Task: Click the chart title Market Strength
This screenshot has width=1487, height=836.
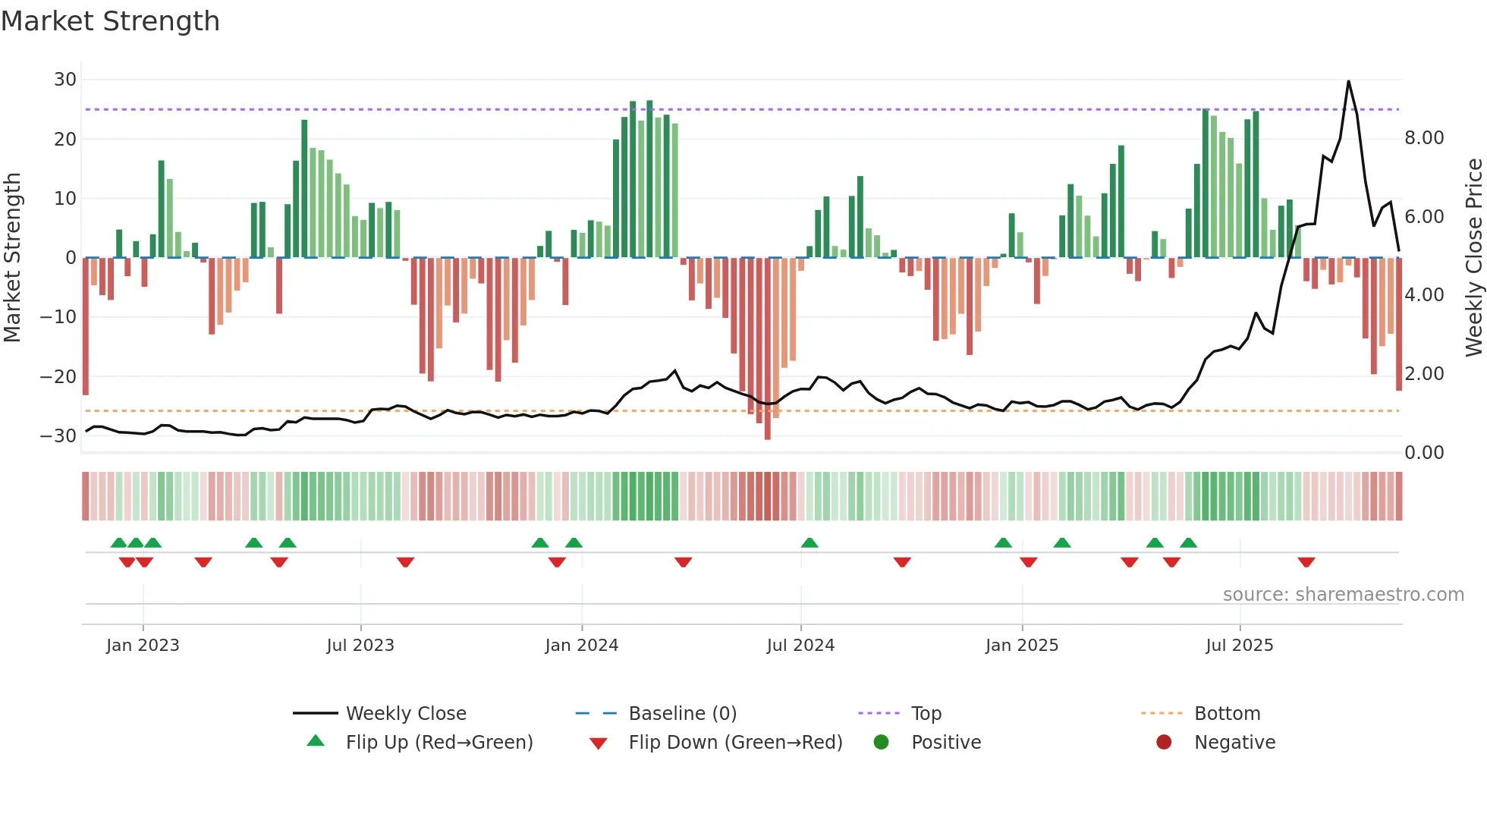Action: tap(110, 21)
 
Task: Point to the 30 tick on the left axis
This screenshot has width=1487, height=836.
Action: tap(65, 80)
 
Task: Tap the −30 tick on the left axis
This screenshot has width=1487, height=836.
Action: tap(58, 436)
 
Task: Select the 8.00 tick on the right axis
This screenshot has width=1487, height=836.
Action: tap(1423, 138)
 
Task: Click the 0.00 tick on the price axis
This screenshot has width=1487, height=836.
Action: tap(1423, 453)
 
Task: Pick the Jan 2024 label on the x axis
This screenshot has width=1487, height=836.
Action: tap(581, 646)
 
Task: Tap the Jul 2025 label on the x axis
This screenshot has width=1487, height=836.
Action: tap(1239, 646)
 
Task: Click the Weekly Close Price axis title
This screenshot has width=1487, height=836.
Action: tap(1473, 257)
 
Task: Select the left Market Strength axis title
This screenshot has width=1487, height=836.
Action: tap(12, 257)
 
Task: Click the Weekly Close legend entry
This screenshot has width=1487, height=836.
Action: tap(406, 714)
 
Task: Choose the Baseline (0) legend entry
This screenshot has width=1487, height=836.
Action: tap(682, 714)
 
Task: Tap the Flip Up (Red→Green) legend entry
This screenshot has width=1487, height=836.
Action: tap(439, 743)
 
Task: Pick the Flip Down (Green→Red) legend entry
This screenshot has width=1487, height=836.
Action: tap(734, 743)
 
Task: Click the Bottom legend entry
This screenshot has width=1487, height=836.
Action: tap(1227, 714)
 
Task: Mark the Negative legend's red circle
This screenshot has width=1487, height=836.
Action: tap(1164, 743)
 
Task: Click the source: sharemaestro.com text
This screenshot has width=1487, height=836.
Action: tap(1343, 595)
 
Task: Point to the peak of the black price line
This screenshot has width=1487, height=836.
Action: tap(1348, 81)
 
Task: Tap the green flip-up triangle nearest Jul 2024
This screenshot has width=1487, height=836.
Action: tap(810, 543)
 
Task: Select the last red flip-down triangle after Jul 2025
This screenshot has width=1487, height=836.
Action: tap(1306, 562)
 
